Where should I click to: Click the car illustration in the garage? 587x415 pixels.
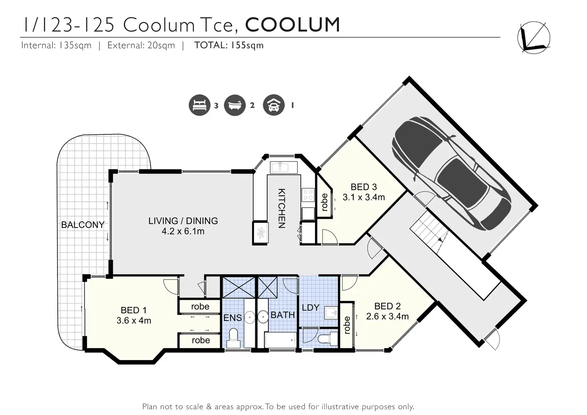pos(451,173)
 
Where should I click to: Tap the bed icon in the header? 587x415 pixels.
pos(199,105)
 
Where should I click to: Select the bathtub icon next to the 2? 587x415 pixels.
pos(235,105)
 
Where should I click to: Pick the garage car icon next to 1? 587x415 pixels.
pos(274,105)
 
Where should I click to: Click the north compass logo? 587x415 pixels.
pos(534,38)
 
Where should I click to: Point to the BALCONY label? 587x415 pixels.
pos(83,225)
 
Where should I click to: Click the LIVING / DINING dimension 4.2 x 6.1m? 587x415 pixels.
pos(183,231)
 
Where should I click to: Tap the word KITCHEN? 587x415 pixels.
pos(282,208)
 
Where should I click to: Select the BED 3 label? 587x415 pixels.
pos(364,187)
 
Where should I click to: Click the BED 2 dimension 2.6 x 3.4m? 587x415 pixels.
pos(387,316)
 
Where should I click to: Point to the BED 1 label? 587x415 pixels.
pos(133,310)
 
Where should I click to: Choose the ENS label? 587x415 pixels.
pos(232,318)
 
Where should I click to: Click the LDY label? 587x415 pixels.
pos(311,307)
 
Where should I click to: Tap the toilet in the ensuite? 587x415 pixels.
pos(233,338)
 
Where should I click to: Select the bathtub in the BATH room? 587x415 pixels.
pos(280,340)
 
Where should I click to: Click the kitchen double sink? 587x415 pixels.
pos(284,167)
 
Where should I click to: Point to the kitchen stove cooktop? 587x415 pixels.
pos(308,195)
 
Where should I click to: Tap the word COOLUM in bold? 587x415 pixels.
pos(292,25)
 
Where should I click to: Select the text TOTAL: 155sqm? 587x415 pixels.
pos(229,45)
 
